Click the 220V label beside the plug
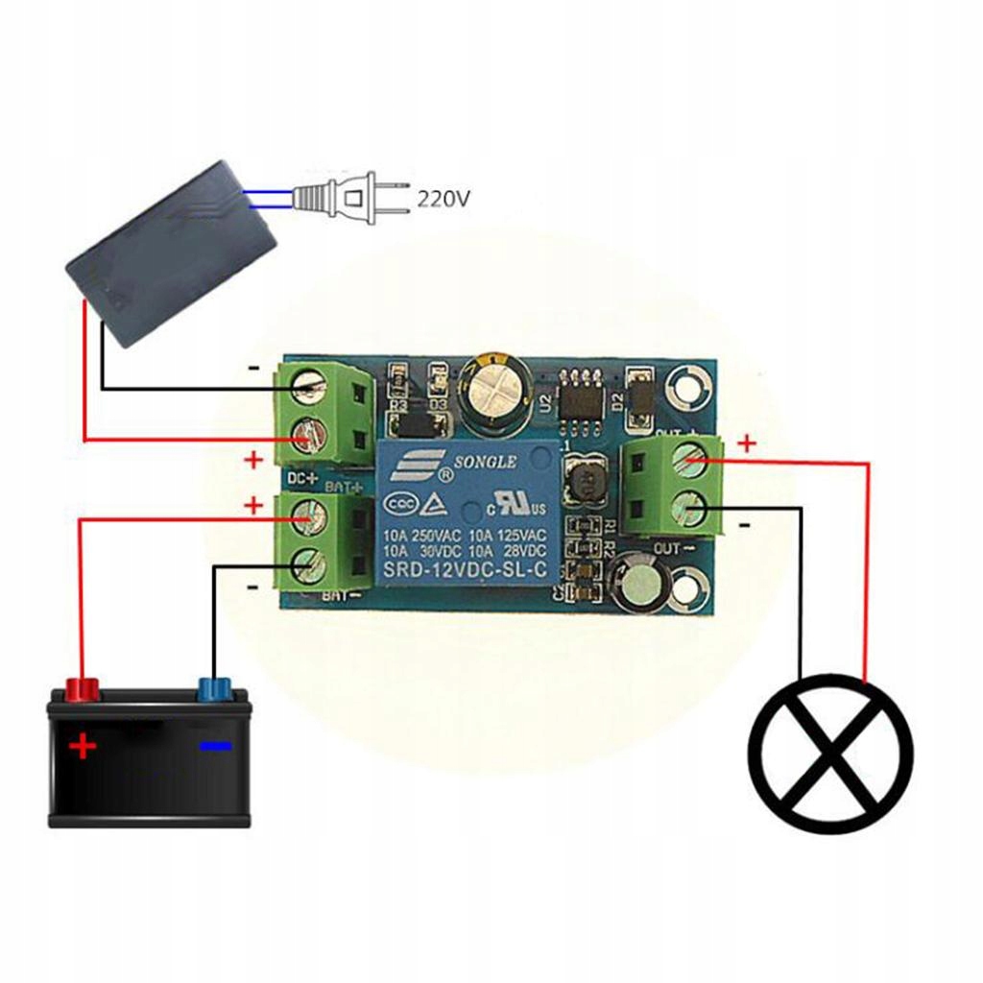click(x=443, y=200)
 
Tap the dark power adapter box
click(x=170, y=252)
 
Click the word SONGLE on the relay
click(x=485, y=462)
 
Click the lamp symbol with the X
click(x=831, y=754)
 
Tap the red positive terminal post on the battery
click(x=83, y=688)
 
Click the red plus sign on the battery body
click(x=84, y=745)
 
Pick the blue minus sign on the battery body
click(x=215, y=746)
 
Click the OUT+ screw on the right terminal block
click(x=688, y=462)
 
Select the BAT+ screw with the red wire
click(x=309, y=518)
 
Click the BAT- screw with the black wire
click(x=309, y=563)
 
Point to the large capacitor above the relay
click(x=495, y=393)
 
